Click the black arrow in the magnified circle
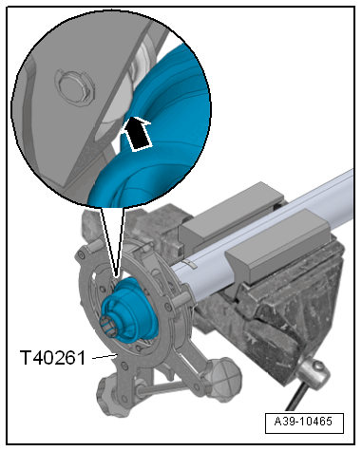tap(137, 134)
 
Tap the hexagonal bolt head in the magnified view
tap(75, 87)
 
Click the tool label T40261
tap(52, 358)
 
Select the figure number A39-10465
tap(304, 422)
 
